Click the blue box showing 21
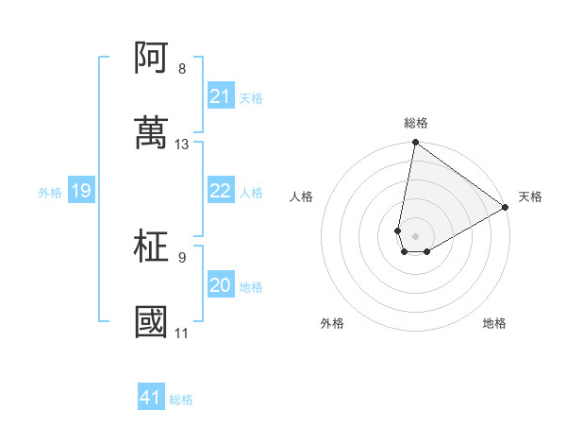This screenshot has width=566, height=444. [220, 96]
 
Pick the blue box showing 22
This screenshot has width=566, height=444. [220, 191]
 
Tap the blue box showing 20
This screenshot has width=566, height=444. [220, 285]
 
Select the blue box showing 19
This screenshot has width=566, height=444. [80, 192]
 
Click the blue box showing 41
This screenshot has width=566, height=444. [151, 398]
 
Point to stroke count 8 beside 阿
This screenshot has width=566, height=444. [182, 69]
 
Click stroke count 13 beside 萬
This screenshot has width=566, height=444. [182, 145]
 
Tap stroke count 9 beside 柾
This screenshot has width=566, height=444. [182, 257]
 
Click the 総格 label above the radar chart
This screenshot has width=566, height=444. [416, 123]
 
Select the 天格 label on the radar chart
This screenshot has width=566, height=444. [530, 196]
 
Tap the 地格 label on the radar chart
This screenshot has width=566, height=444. [494, 323]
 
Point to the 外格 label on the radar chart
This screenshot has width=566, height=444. [332, 323]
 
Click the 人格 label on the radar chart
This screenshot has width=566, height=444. [302, 196]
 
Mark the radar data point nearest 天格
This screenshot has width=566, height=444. [506, 208]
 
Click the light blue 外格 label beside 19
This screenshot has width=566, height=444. [50, 193]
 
